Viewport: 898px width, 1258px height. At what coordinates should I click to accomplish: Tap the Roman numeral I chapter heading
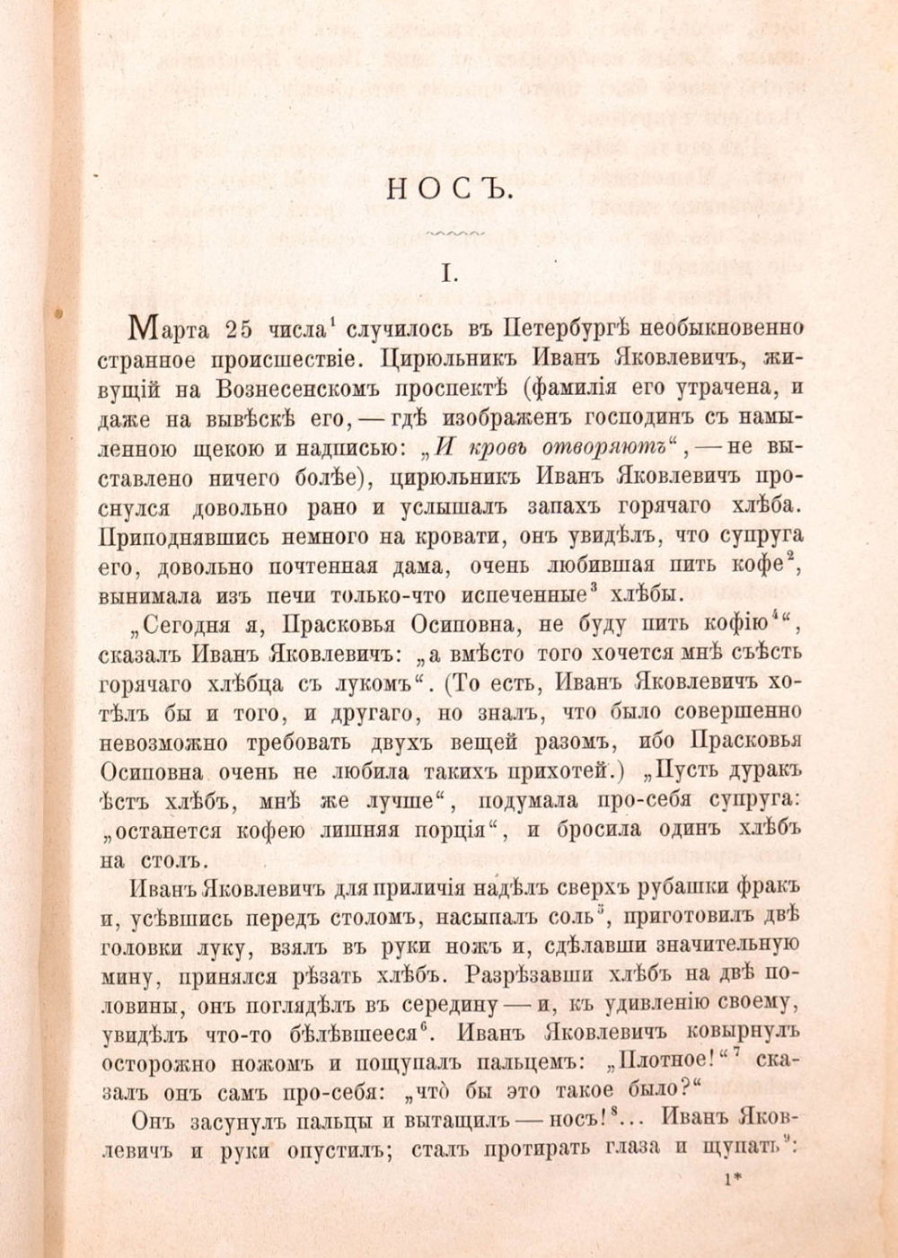(449, 273)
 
